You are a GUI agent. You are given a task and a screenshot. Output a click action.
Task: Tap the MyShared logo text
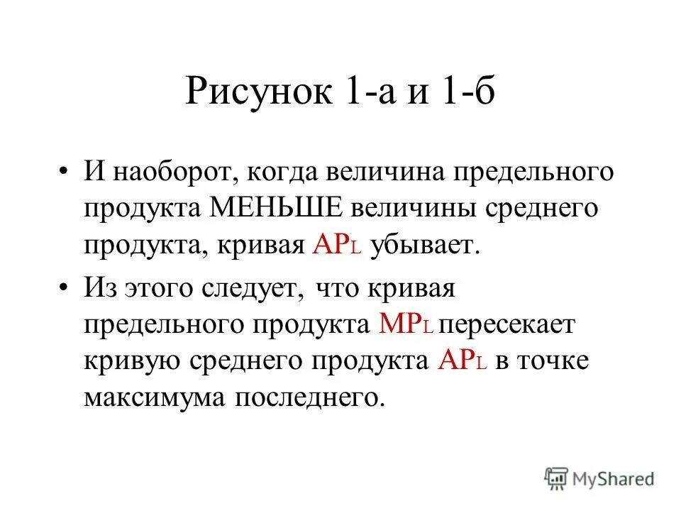pos(614,478)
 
